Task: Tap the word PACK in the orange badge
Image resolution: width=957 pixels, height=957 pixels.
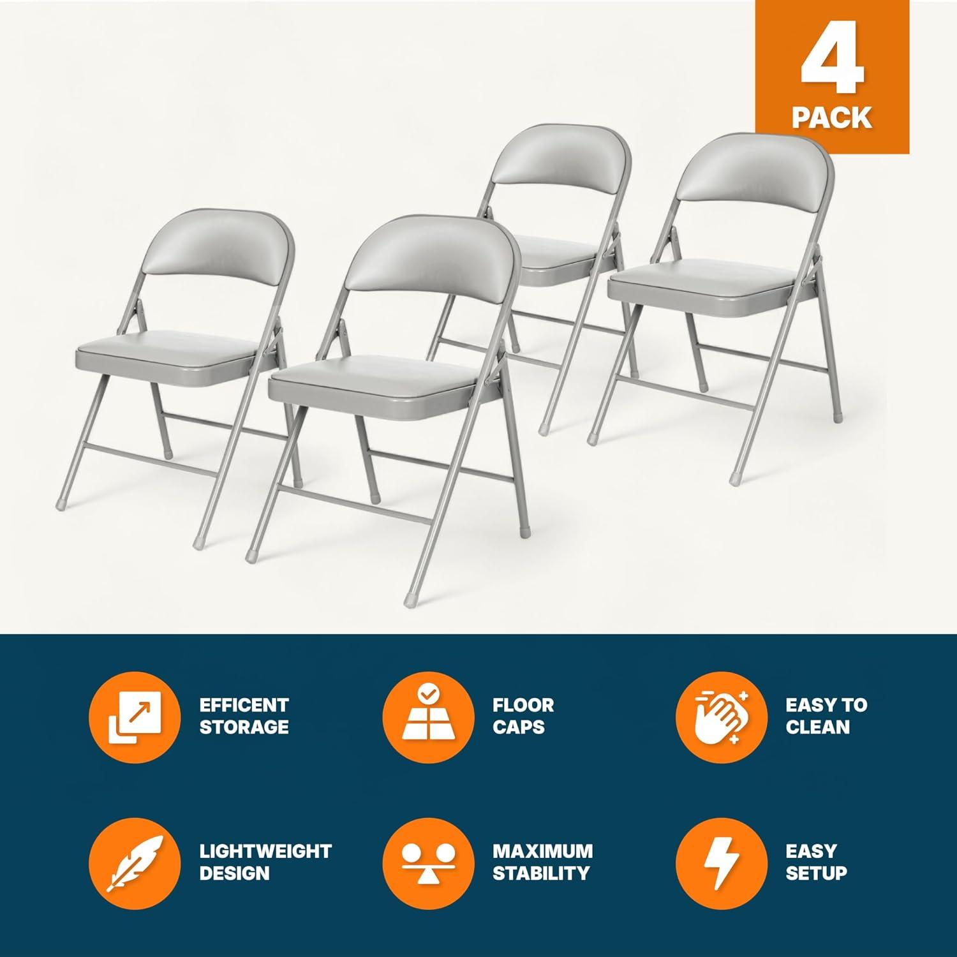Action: (x=832, y=118)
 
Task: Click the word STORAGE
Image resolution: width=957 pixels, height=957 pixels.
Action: (x=244, y=727)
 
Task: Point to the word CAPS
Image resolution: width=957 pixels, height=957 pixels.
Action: (x=518, y=727)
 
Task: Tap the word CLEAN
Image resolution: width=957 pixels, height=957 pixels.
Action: (x=817, y=727)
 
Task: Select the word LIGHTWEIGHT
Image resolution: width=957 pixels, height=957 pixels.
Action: (x=265, y=851)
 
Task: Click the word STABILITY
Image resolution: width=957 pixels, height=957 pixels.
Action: (x=540, y=873)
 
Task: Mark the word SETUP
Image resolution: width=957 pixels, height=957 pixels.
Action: (x=816, y=873)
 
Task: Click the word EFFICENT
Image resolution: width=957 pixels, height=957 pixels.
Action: (x=244, y=705)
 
